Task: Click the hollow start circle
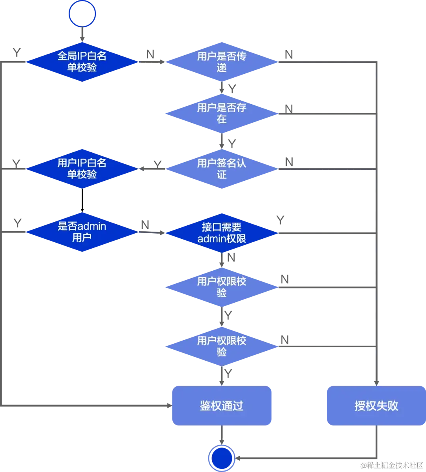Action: pos(82,13)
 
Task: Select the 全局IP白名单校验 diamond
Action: pos(82,62)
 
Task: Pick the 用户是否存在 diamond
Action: pos(221,113)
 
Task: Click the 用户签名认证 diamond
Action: pos(221,169)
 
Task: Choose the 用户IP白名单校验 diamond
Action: pos(82,169)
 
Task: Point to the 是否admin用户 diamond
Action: pos(82,232)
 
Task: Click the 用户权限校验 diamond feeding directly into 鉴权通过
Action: pos(221,346)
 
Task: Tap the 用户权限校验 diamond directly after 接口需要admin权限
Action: pos(221,287)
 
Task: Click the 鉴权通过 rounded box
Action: pos(222,406)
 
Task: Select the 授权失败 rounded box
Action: pos(376,406)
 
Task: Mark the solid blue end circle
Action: pos(222,458)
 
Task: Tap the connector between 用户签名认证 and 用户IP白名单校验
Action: pos(152,169)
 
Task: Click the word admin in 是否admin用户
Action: pos(92,227)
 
